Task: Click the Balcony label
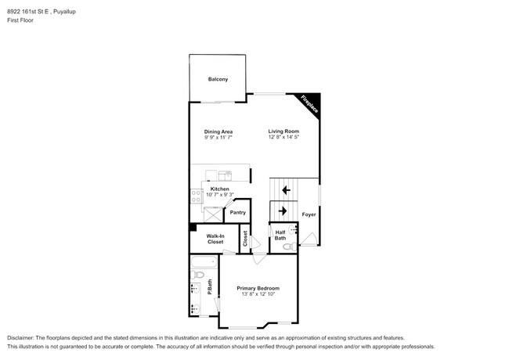tap(218, 79)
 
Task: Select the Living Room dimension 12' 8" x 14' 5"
tap(283, 137)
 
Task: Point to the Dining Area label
tap(218, 131)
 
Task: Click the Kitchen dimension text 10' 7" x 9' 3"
tap(220, 195)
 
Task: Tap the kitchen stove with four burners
tap(196, 196)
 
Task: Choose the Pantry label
tap(237, 212)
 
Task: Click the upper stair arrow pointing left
tap(286, 190)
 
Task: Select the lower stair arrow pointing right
tap(283, 211)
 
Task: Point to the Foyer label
tap(309, 214)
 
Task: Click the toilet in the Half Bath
tap(290, 247)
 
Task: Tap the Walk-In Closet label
tap(215, 239)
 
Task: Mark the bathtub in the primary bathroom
tap(204, 261)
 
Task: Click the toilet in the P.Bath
tap(197, 275)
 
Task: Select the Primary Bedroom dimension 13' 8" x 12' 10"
tap(258, 294)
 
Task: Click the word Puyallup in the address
tap(64, 12)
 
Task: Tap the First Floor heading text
tap(20, 20)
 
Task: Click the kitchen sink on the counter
tap(225, 175)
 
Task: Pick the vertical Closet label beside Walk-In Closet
tap(245, 238)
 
